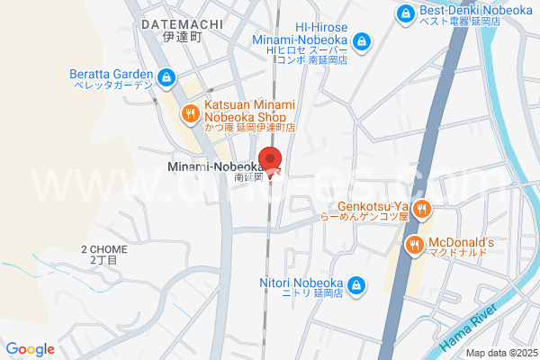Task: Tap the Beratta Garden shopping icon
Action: [x=166, y=78]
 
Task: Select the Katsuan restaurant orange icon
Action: [x=190, y=113]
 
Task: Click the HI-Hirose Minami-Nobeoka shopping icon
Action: [x=361, y=41]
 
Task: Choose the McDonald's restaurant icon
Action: [x=414, y=243]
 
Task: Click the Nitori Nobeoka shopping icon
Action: [x=356, y=285]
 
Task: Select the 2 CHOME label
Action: [x=104, y=249]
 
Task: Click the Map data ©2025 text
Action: [x=500, y=353]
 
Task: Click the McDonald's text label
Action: [x=462, y=243]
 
